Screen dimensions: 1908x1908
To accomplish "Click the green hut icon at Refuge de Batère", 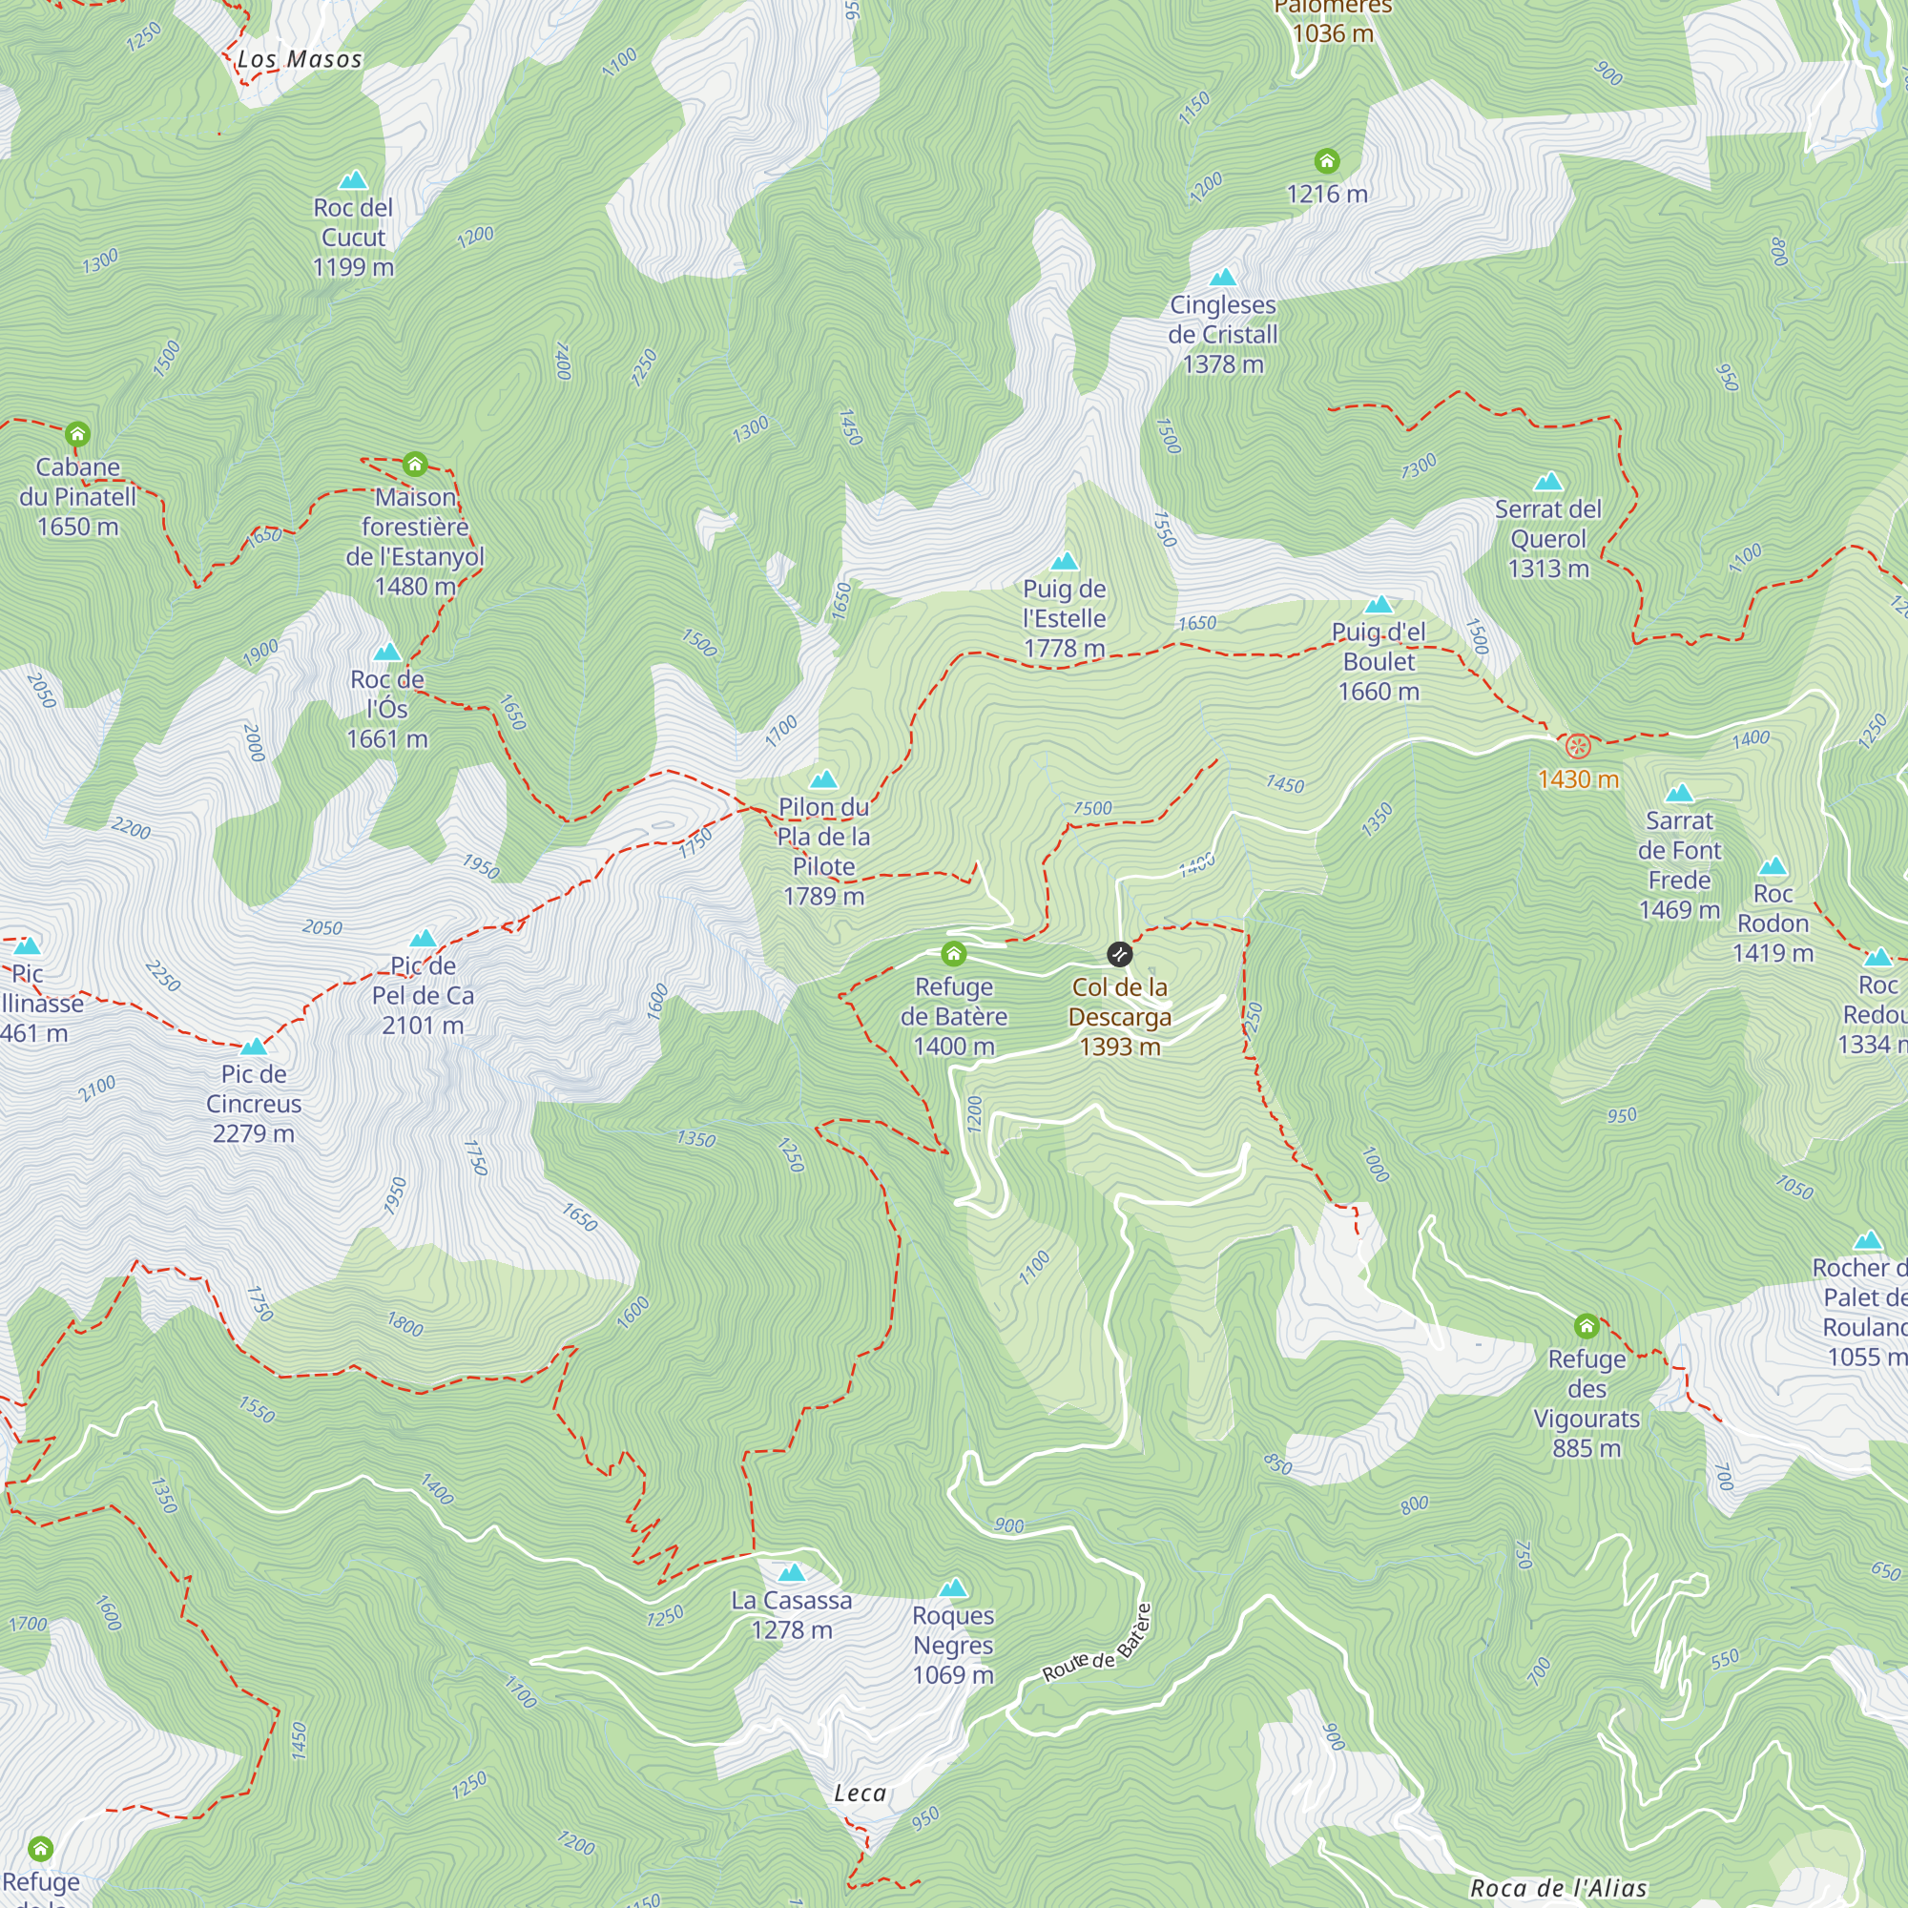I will coord(953,953).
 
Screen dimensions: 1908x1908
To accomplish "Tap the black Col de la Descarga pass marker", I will coord(1119,954).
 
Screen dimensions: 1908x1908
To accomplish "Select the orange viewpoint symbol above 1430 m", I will coord(1578,746).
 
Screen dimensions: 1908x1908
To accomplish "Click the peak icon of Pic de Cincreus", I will coord(254,1047).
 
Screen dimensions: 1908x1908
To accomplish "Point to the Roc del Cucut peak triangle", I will coord(353,180).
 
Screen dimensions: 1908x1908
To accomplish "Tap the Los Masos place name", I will coord(300,59).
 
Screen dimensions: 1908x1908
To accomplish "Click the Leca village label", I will coord(861,1794).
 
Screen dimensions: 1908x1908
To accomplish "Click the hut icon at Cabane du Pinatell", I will coord(77,433).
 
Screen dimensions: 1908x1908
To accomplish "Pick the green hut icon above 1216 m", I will coord(1326,160).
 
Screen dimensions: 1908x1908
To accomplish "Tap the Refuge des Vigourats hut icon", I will coord(1587,1325).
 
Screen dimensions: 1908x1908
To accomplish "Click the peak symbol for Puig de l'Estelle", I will coord(1064,562).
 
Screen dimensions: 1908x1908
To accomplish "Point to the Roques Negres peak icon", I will coord(952,1588).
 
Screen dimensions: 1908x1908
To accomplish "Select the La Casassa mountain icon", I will coord(791,1573).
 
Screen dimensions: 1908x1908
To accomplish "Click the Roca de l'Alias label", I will coord(1558,1888).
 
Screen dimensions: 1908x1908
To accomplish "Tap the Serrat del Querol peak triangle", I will coord(1547,482).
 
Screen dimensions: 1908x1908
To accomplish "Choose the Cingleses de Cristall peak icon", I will coord(1223,278).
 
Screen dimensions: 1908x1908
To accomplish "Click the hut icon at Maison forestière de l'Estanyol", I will coord(415,464).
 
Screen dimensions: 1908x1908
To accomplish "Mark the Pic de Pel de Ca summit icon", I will coord(423,938).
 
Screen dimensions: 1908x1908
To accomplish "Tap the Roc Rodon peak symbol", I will coord(1773,867).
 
